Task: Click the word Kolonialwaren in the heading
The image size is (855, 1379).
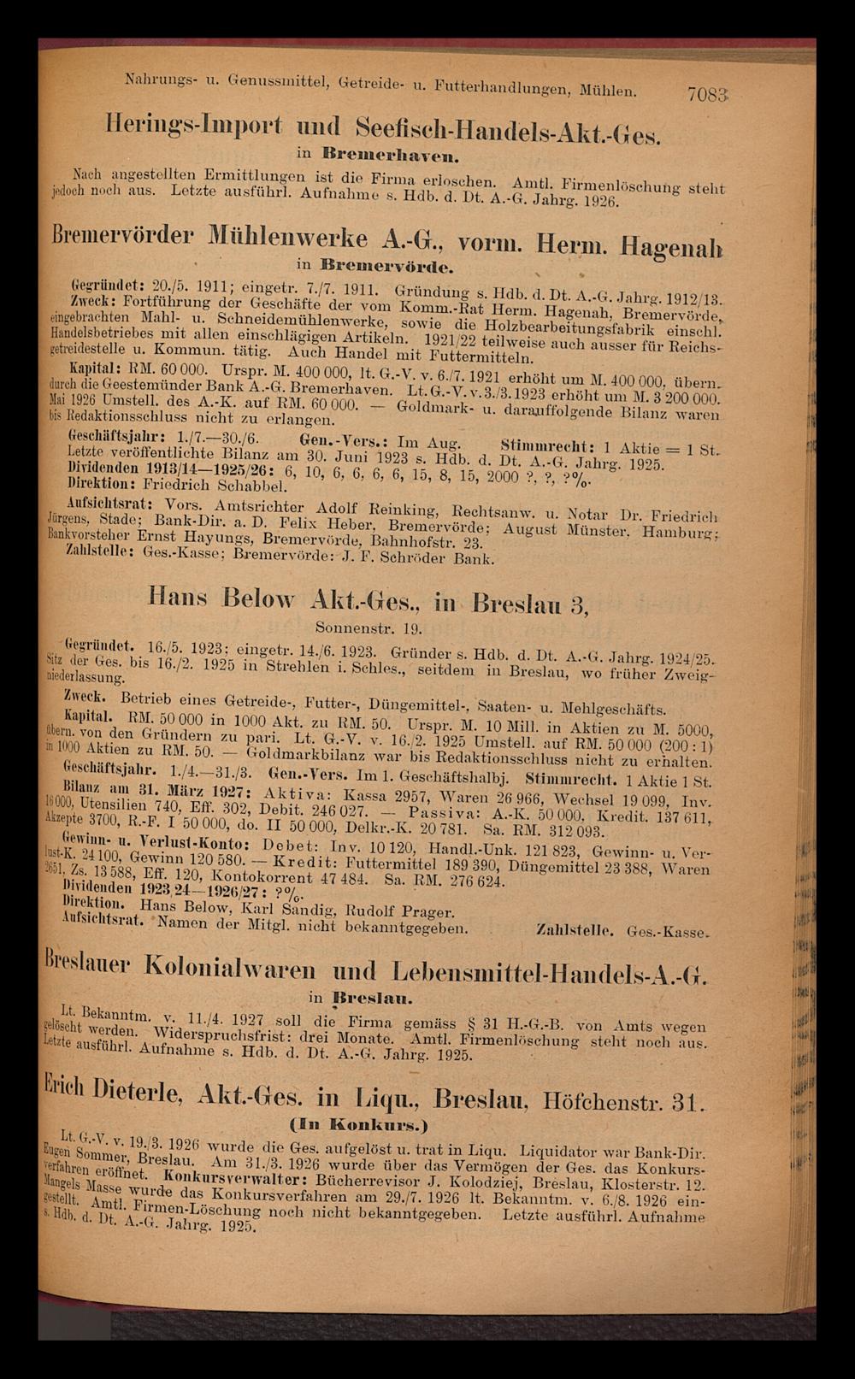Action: tap(263, 973)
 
